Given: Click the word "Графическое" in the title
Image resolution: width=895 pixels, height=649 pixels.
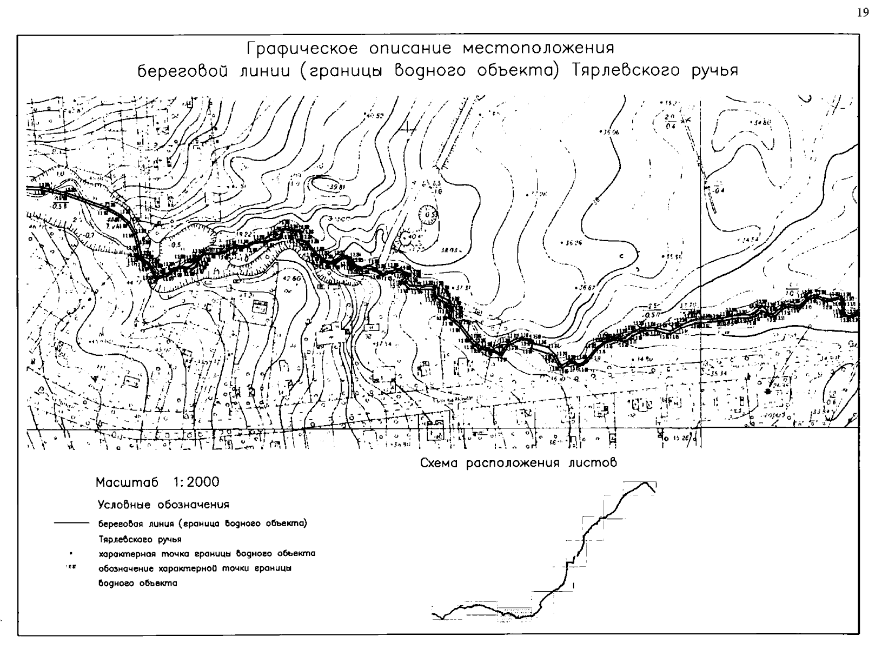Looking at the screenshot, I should click(301, 49).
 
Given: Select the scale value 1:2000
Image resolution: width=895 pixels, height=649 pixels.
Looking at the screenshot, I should click(196, 482).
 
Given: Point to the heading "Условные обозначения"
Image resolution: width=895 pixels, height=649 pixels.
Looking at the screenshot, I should click(163, 505).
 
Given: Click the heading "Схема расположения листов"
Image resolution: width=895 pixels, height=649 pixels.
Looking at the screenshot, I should click(518, 463).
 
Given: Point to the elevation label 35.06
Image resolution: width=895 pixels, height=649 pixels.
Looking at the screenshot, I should click(611, 131).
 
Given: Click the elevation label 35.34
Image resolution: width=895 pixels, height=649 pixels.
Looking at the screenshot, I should click(717, 373).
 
